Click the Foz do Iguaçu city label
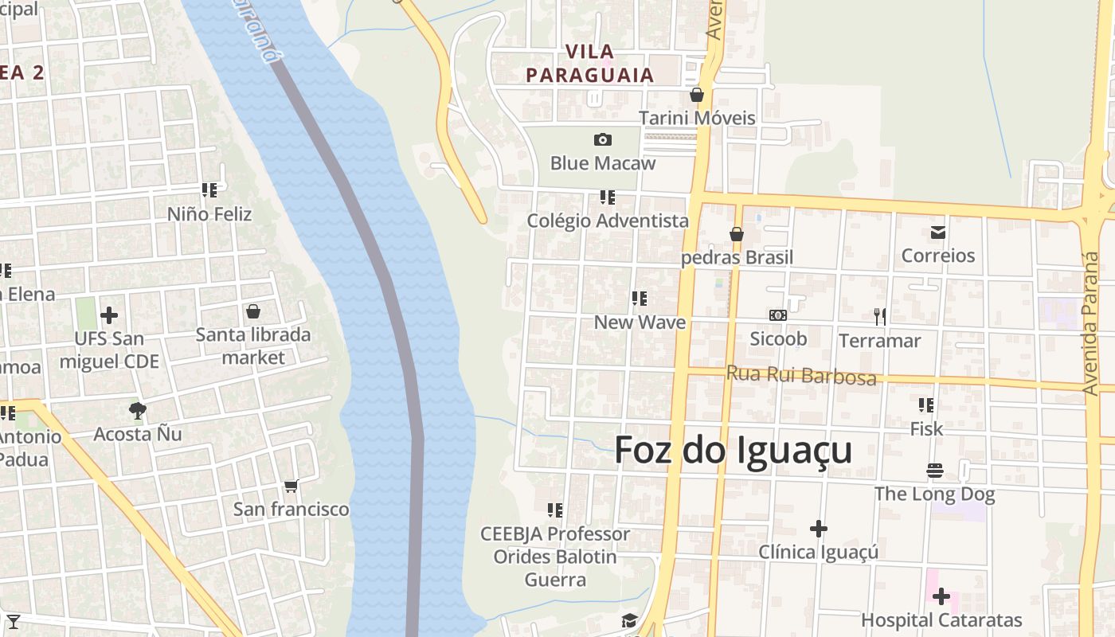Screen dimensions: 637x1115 coord(733,451)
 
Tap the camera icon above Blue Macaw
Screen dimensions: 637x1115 coord(603,140)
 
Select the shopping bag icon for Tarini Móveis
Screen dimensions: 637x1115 coord(697,95)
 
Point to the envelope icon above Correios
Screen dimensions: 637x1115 coord(937,233)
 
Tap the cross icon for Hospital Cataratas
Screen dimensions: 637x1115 coord(941,596)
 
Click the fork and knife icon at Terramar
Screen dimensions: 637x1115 coord(879,317)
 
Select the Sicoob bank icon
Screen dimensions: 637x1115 coord(778,315)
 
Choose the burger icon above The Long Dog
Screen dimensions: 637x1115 coord(934,471)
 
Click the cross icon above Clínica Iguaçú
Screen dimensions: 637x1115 coord(818,528)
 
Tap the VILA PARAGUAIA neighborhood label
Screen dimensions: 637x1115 coord(589,64)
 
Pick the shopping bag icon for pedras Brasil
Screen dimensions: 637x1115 coord(737,234)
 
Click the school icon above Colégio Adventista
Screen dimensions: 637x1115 coord(608,197)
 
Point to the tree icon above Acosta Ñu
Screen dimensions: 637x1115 coord(137,411)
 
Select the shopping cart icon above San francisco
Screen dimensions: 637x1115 coord(291,486)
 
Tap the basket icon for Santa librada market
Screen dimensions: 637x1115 coord(253,311)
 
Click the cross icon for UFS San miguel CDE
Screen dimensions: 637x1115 coord(109,315)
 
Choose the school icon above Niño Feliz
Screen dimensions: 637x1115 coord(209,190)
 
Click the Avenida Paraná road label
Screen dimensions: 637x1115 coord(1090,322)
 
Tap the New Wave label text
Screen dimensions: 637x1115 coord(640,322)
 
